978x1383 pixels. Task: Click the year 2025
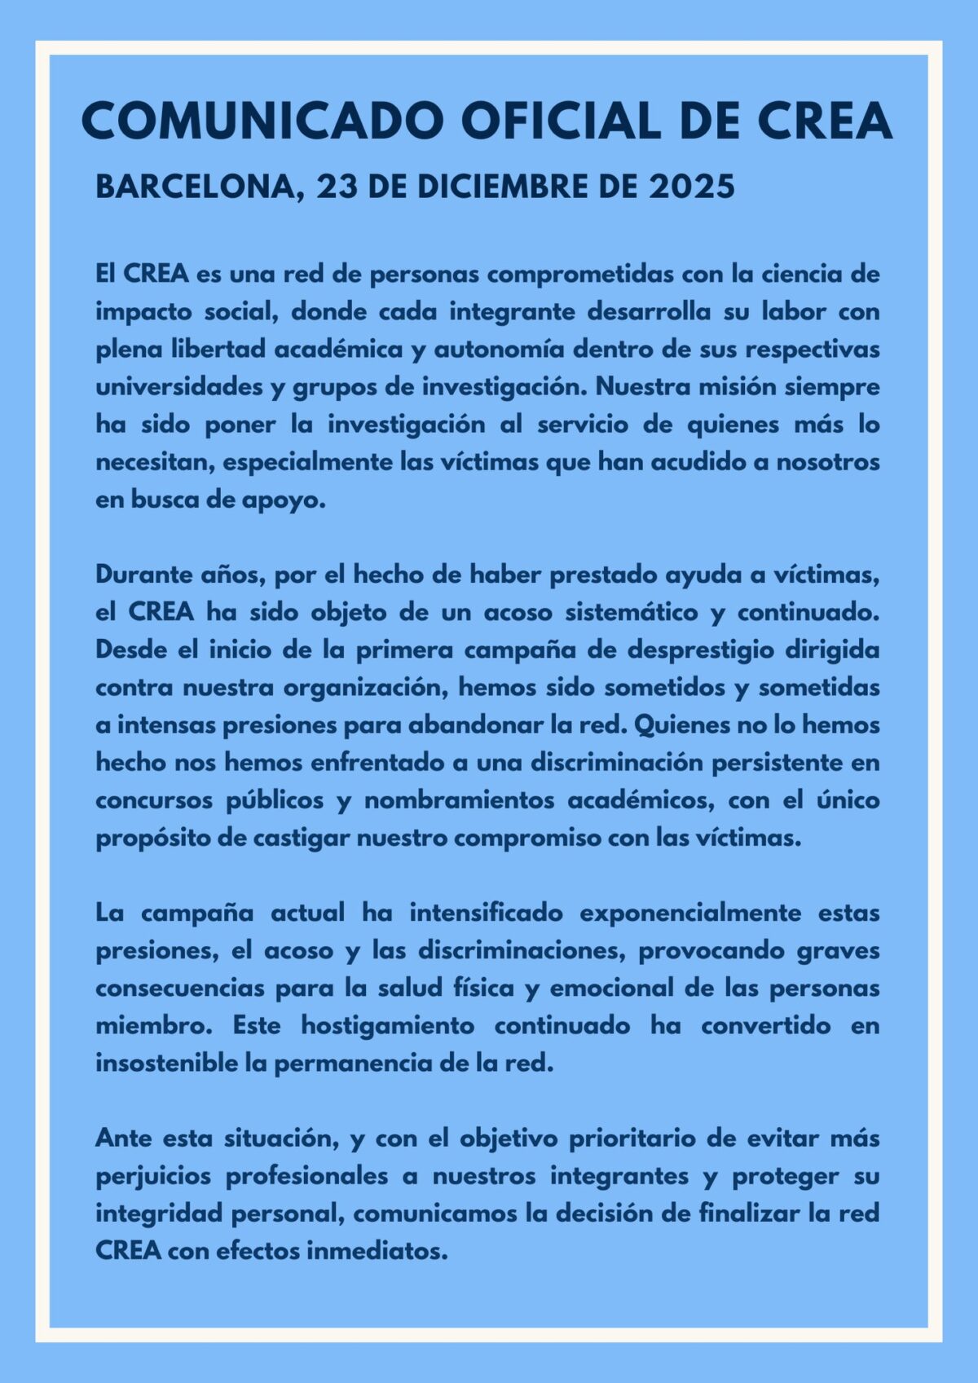click(x=692, y=187)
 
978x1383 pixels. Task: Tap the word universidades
click(x=179, y=386)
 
